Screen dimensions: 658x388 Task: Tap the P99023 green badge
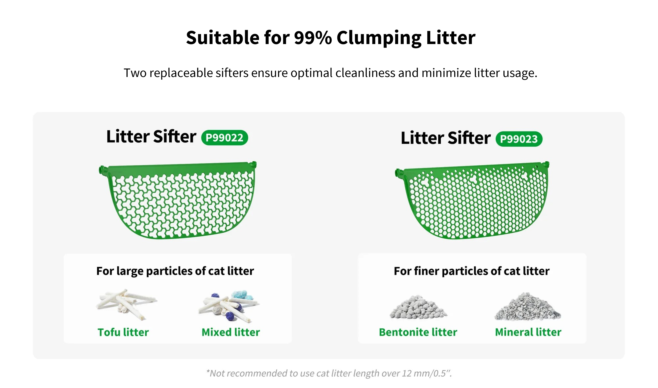point(519,139)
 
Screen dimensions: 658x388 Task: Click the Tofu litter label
point(123,332)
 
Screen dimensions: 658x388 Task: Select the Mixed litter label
point(231,332)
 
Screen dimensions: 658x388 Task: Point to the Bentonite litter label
point(418,332)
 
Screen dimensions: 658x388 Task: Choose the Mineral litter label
point(528,332)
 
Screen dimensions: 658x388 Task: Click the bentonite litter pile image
point(418,307)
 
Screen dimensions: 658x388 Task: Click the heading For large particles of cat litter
point(175,271)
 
